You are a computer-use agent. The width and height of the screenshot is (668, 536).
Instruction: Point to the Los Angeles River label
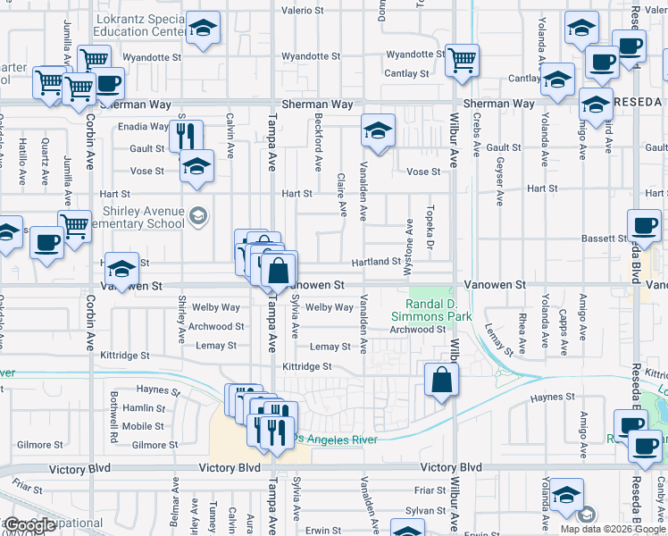point(336,439)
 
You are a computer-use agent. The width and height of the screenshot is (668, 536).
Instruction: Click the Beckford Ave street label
point(318,143)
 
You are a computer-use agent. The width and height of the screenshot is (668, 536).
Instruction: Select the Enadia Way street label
point(143,127)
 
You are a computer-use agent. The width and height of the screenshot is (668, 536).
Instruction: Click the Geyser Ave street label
point(497,168)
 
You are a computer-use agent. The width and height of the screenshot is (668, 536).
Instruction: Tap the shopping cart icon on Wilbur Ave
point(462,62)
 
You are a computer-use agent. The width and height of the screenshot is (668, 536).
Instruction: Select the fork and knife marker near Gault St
point(185,135)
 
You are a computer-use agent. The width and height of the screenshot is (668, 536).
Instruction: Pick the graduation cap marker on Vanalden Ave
point(378,131)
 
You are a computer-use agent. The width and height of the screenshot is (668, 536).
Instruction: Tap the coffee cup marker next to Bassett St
point(643,225)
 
